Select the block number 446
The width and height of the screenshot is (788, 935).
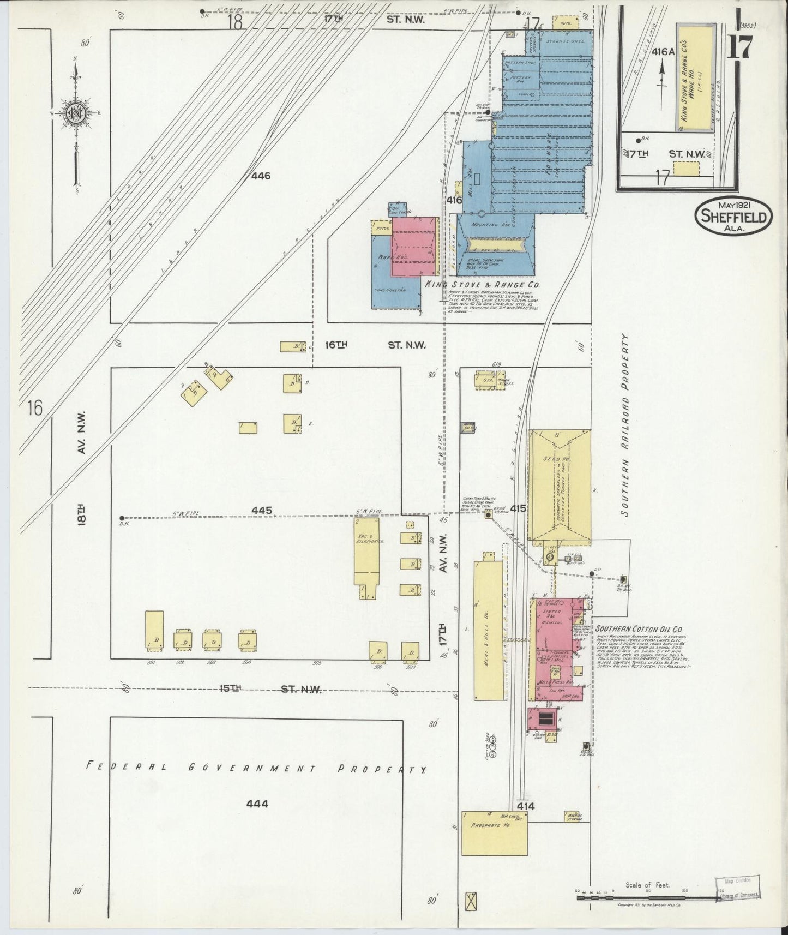click(x=261, y=176)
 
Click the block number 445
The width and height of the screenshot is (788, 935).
click(x=261, y=511)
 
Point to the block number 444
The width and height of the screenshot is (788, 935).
click(x=256, y=804)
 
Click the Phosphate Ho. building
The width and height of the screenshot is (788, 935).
click(x=494, y=840)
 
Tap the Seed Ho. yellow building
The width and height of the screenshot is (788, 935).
click(x=560, y=486)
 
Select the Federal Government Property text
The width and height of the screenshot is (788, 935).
click(x=256, y=768)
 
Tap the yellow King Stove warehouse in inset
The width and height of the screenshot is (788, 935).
click(x=695, y=77)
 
